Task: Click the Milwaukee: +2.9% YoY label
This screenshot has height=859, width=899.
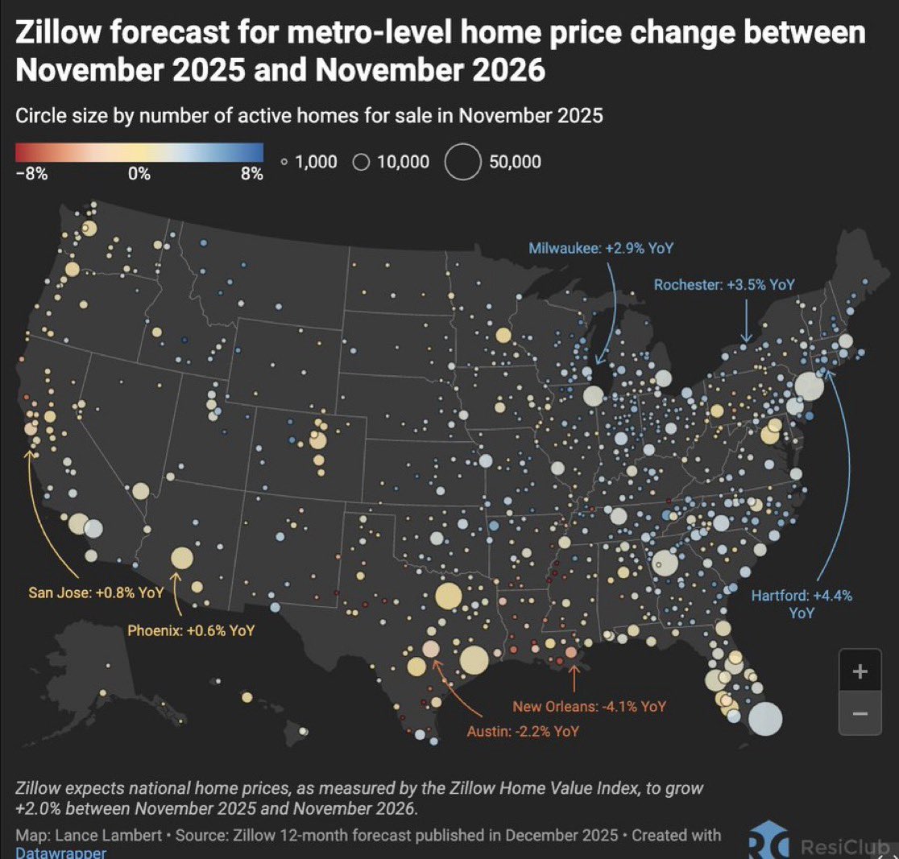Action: click(x=600, y=248)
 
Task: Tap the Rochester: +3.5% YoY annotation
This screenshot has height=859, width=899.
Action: click(x=723, y=284)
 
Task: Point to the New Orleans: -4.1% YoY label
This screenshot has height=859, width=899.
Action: click(x=590, y=706)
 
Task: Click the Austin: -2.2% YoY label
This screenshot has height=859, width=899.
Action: click(x=522, y=731)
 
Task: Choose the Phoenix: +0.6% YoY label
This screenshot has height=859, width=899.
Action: click(x=191, y=630)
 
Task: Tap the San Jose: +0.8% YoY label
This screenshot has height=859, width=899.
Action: click(x=94, y=593)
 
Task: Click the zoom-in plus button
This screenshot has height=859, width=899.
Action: click(x=860, y=671)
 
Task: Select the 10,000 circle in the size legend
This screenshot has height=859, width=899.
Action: click(x=361, y=163)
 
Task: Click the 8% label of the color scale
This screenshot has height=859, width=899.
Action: click(x=251, y=174)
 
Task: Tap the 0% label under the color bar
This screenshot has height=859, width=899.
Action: click(x=139, y=174)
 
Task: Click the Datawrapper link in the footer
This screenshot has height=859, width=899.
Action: click(x=60, y=852)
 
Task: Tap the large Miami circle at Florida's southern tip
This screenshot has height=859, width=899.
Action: click(x=764, y=719)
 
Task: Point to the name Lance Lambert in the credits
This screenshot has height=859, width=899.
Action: click(x=93, y=835)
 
